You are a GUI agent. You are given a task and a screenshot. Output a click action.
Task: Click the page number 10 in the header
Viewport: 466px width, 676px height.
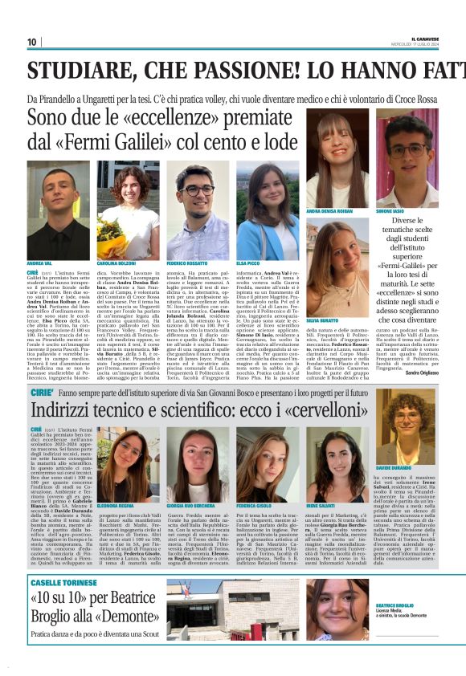pyautogui.click(x=31, y=43)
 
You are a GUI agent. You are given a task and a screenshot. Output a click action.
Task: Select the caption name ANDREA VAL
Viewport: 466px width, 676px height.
pyautogui.click(x=39, y=263)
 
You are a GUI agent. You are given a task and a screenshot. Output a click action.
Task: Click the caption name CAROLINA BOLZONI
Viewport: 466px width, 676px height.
pyautogui.click(x=118, y=263)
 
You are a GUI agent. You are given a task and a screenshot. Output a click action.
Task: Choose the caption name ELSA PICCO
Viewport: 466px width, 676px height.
pyautogui.click(x=250, y=263)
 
